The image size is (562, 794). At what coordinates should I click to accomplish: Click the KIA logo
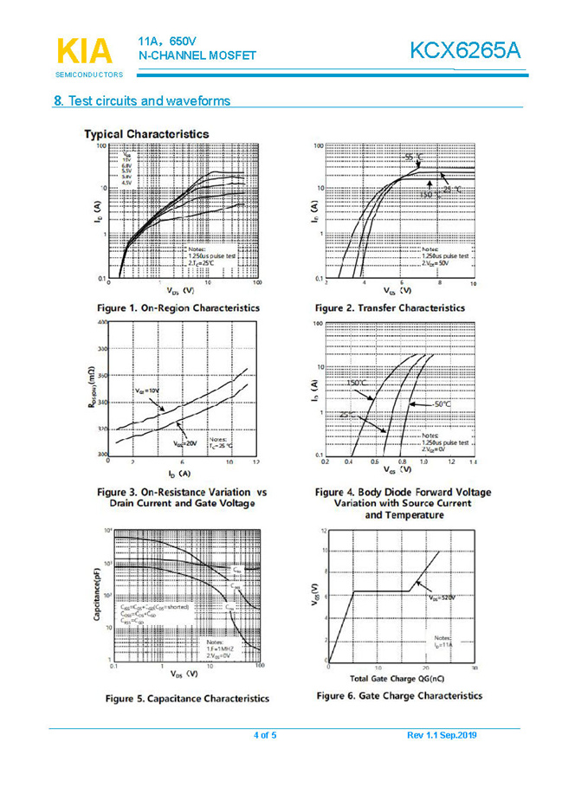84,51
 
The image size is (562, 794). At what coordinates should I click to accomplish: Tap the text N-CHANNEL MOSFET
197,56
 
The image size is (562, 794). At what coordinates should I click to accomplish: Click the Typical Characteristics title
146,133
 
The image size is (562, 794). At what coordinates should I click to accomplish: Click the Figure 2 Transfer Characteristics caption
390,307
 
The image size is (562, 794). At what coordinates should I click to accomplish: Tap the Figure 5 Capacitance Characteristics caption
186,698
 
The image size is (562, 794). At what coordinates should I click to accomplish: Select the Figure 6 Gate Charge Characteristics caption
399,695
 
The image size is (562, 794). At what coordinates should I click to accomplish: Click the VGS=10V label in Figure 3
147,391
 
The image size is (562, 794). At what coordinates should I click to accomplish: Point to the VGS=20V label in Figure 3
184,442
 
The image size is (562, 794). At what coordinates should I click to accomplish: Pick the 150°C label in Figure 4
357,383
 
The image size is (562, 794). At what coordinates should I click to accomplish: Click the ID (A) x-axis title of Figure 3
179,474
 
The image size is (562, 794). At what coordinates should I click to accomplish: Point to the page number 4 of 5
265,735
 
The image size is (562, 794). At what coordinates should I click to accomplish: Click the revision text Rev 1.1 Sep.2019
441,735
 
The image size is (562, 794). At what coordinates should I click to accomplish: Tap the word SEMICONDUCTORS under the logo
89,75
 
